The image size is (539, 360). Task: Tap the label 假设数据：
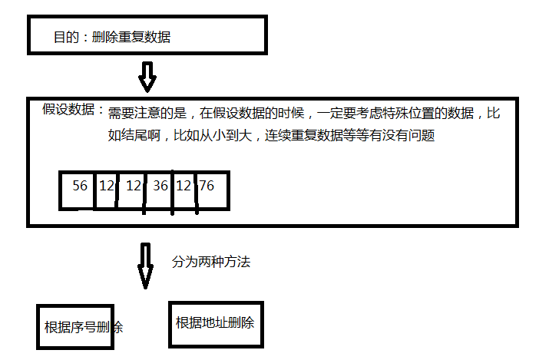point(74,110)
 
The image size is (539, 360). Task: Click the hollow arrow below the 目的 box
point(147,76)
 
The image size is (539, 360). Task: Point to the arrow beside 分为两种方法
point(145,266)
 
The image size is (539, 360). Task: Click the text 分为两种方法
point(210,262)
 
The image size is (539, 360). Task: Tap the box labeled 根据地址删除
point(214,322)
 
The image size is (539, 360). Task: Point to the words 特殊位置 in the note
point(395,114)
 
